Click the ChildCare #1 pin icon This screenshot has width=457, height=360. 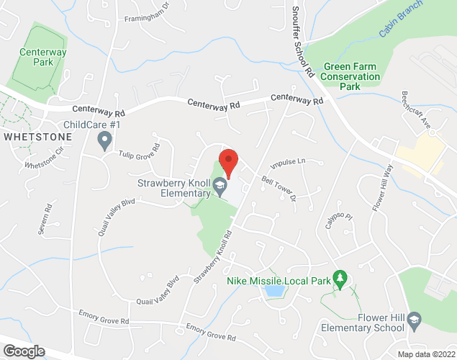[106, 140]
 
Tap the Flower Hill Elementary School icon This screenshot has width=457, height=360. [415, 319]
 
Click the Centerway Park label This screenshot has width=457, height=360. [43, 57]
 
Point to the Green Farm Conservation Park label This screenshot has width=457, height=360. [350, 76]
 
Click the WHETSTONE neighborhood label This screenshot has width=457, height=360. [37, 136]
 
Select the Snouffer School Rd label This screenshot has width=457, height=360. [303, 43]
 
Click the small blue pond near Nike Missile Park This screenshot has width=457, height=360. [273, 291]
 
